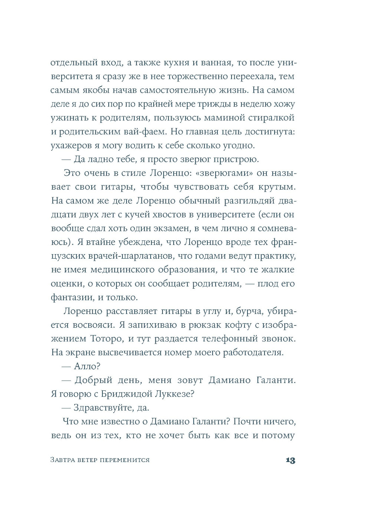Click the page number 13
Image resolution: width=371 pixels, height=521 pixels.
point(290,461)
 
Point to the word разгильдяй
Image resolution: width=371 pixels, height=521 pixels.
point(249,201)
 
